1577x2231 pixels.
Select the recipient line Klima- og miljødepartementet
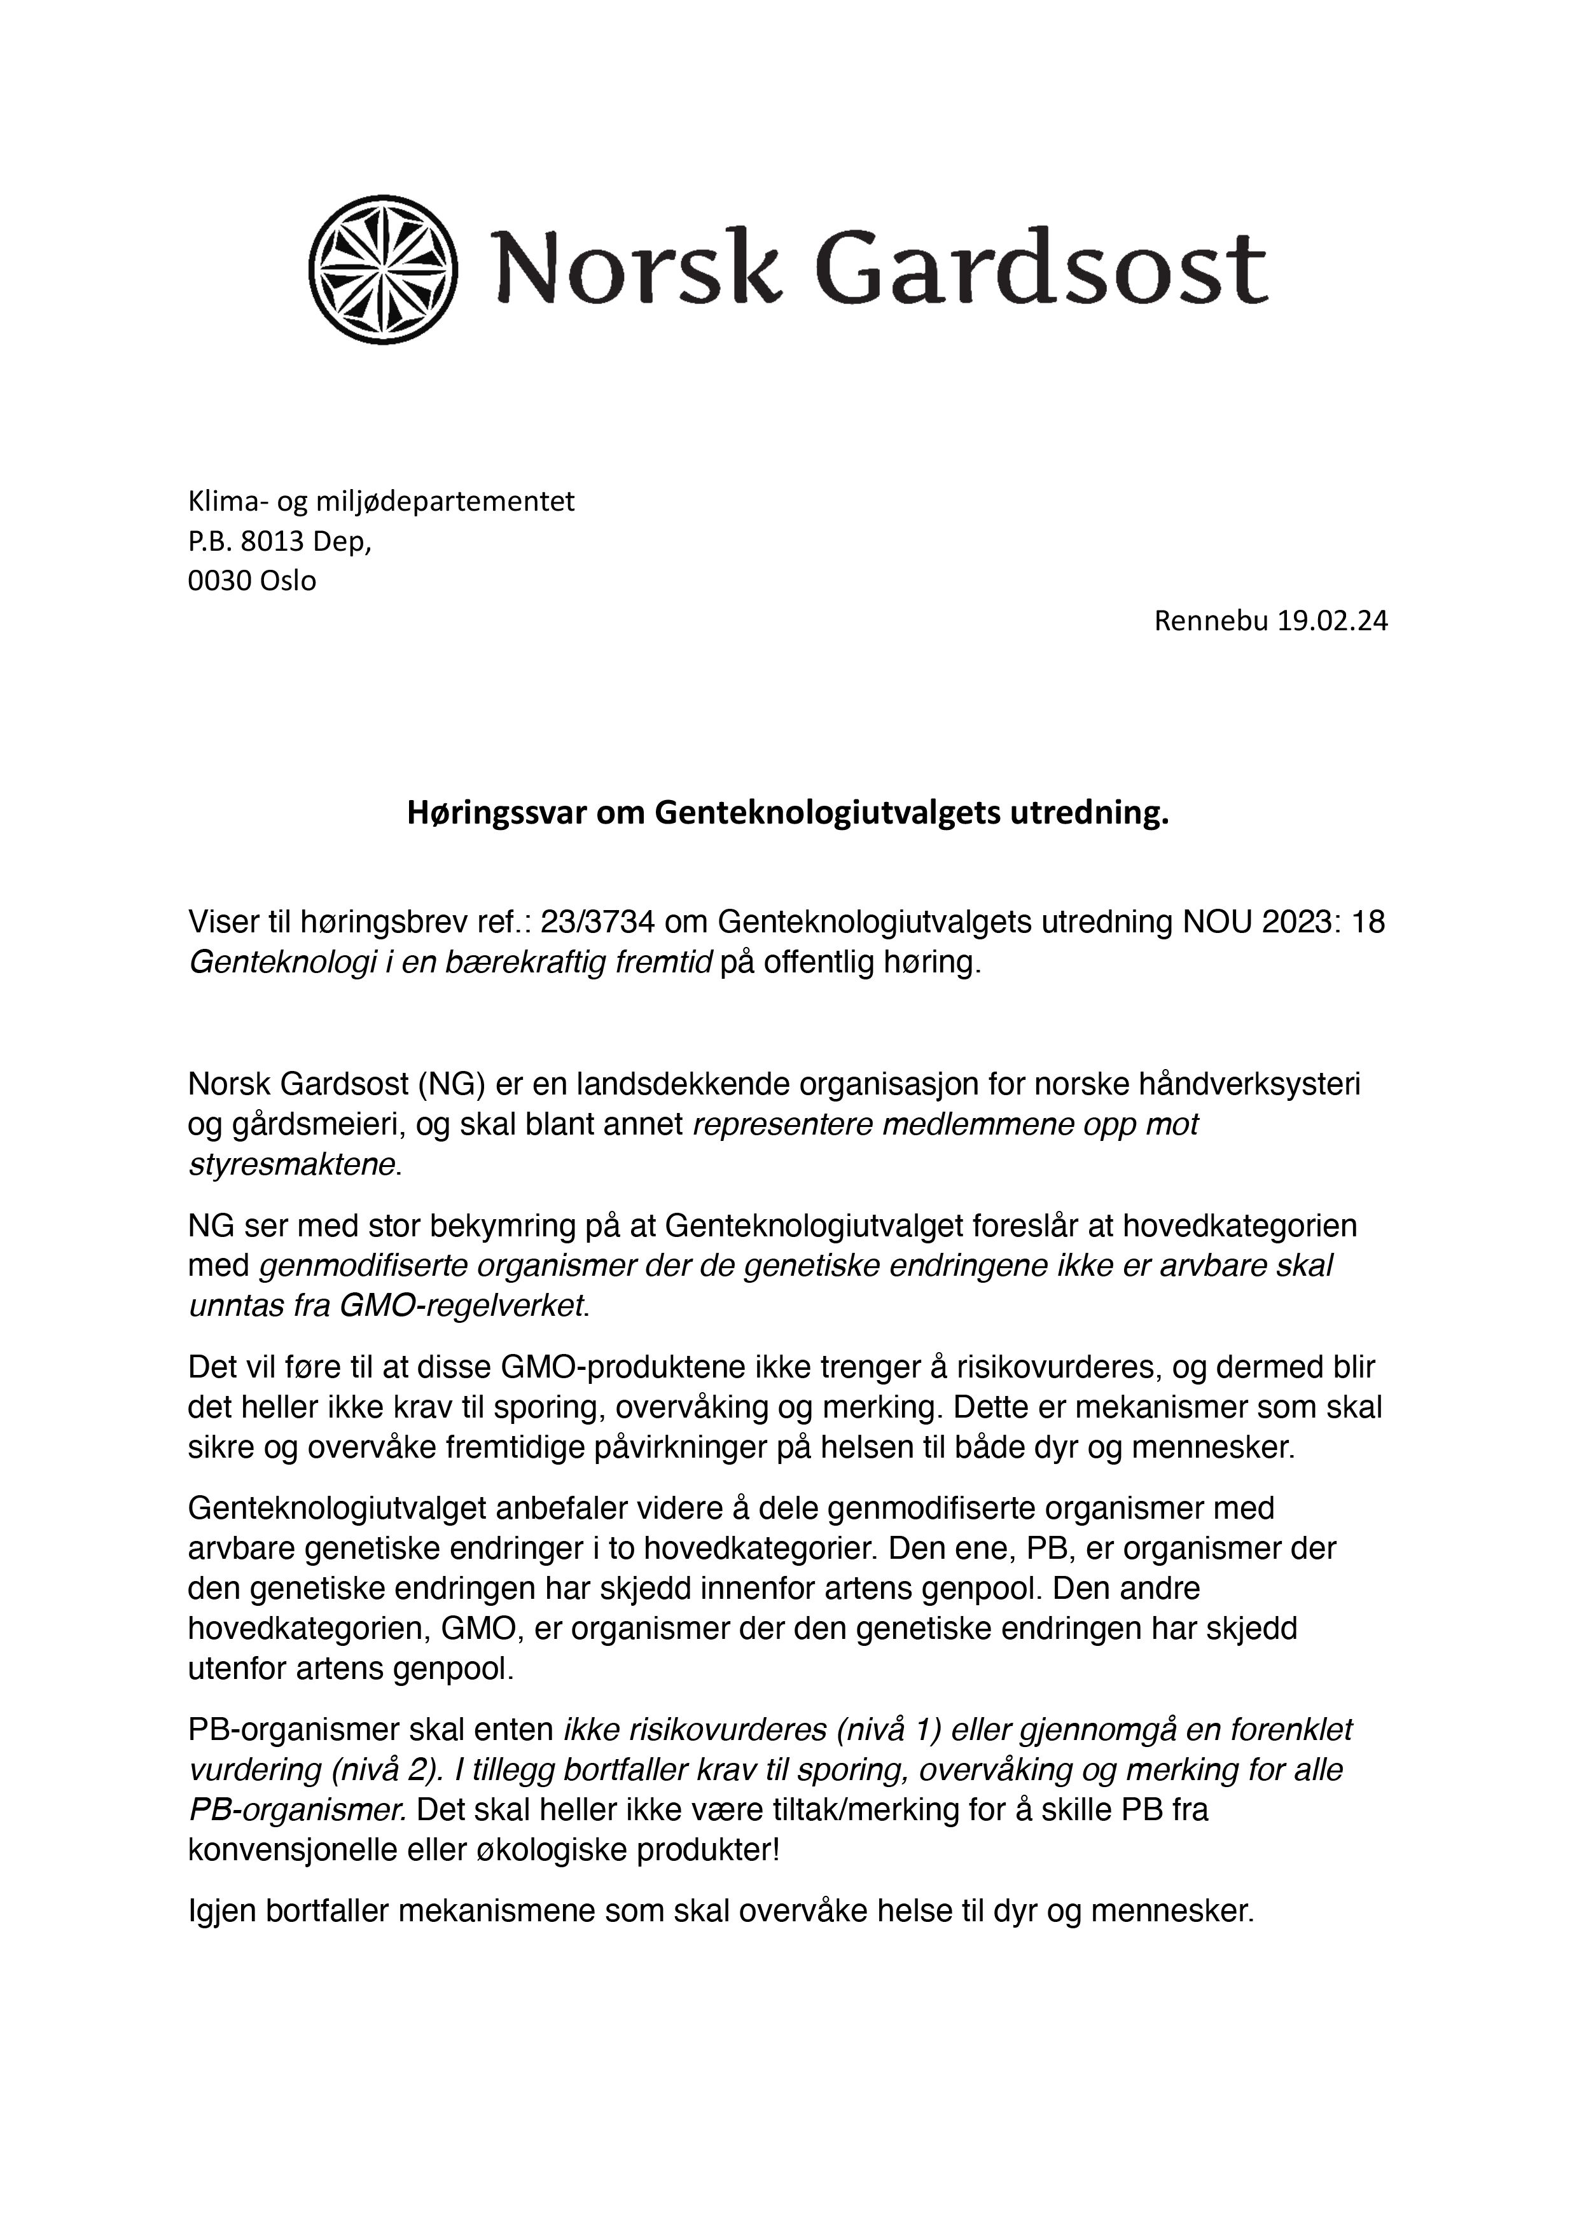click(381, 501)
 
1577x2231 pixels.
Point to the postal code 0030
click(219, 581)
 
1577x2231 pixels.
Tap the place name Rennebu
click(1211, 621)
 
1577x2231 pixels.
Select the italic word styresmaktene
click(291, 1164)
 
